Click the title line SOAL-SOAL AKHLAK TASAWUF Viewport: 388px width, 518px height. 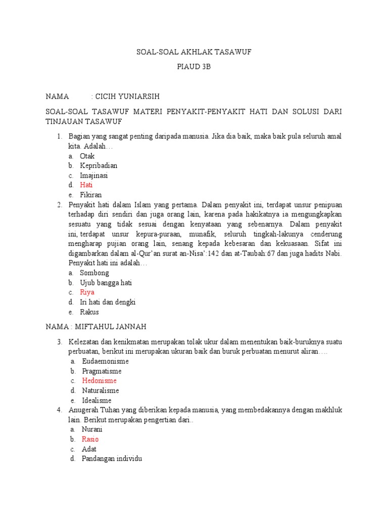194,52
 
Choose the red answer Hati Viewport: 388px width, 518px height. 86,185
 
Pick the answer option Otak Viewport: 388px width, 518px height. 87,156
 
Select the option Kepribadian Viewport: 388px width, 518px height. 99,166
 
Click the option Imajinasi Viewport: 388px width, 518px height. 93,176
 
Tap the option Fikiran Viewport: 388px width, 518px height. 91,195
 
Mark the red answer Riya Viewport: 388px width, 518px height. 87,292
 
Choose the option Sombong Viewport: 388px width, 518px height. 94,273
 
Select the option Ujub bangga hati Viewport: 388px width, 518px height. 106,283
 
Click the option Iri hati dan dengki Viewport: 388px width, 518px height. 108,302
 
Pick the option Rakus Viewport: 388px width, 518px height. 89,312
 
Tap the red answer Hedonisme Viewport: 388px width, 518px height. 99,380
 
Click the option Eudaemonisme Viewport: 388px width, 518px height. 105,361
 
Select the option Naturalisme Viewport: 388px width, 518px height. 101,391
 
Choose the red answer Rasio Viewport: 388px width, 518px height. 90,439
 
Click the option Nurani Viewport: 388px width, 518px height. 92,429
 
